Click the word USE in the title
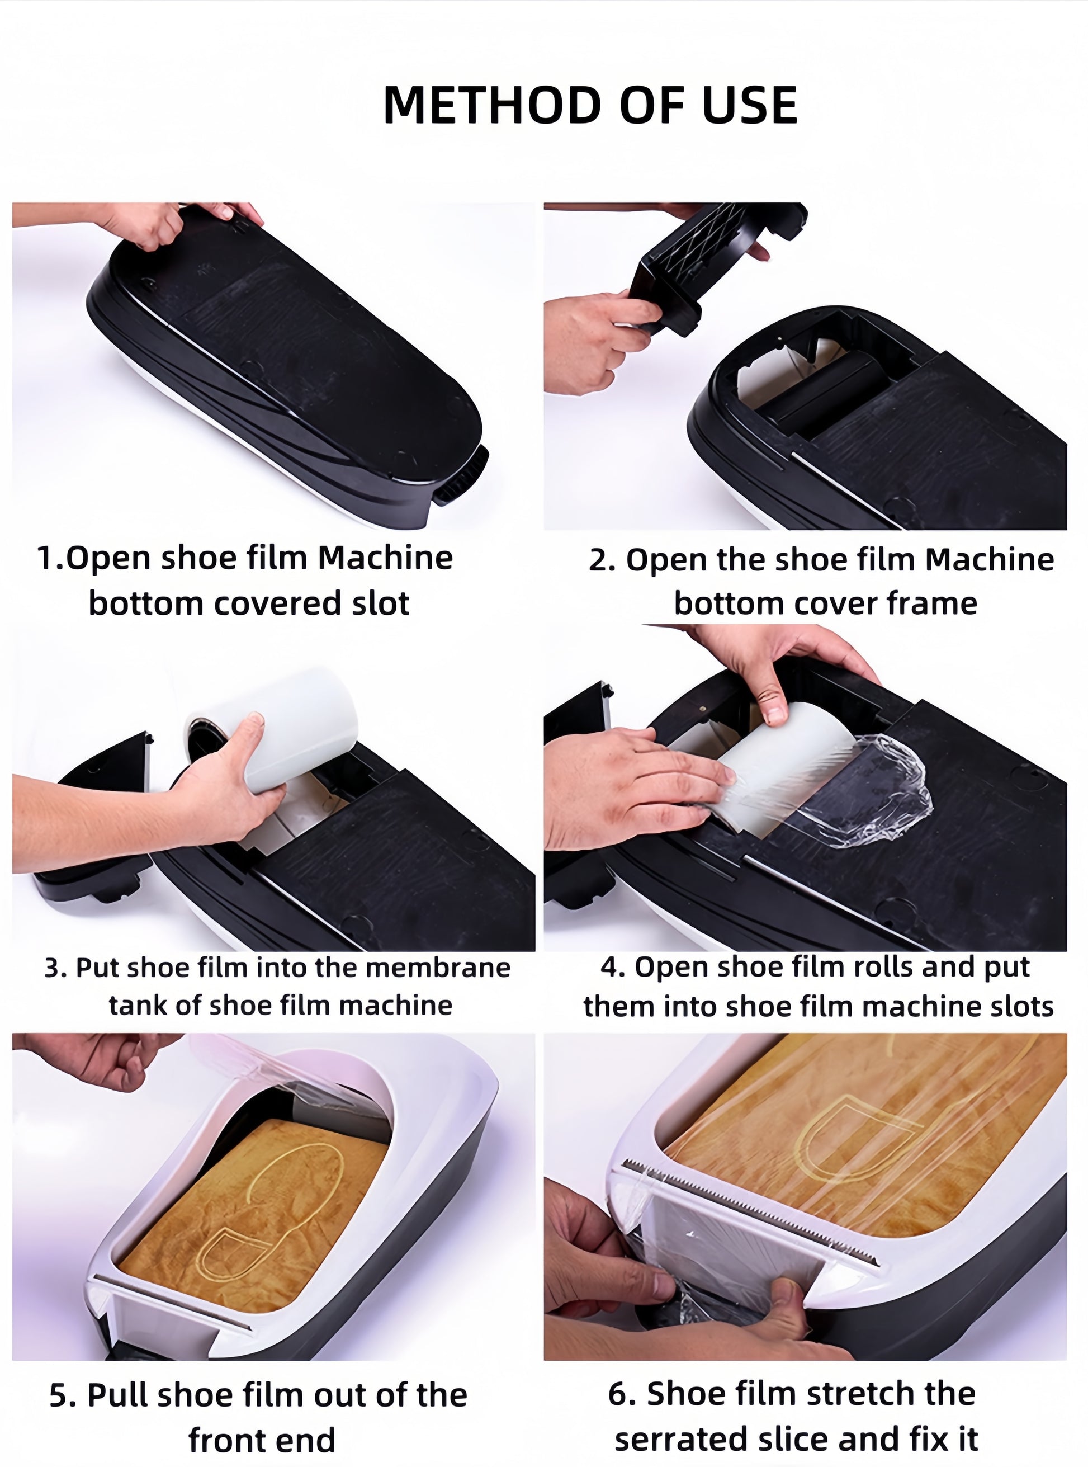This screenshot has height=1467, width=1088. point(750,105)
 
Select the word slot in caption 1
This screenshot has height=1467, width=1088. point(380,603)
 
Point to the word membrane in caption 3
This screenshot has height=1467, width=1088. point(438,968)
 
